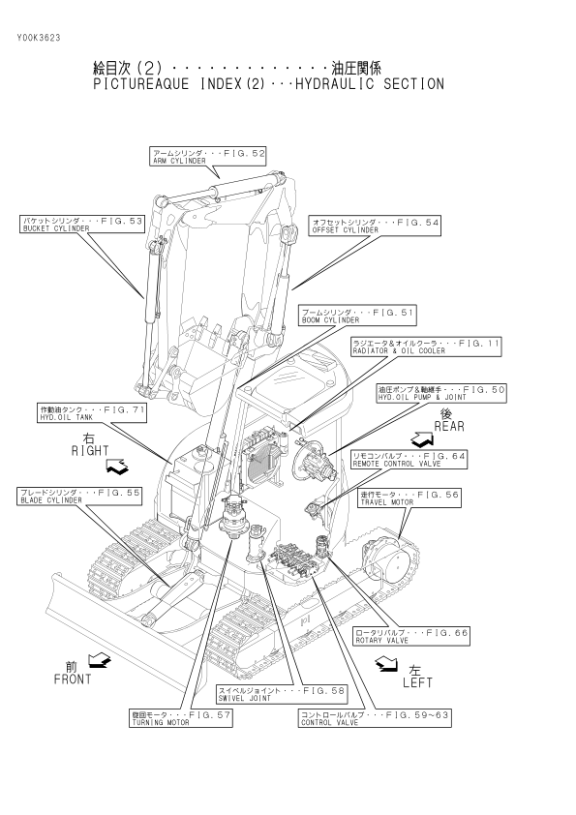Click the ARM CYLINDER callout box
click(x=208, y=157)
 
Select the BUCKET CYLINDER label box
click(x=81, y=224)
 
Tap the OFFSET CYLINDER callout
click(x=375, y=226)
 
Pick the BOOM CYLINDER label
click(x=358, y=316)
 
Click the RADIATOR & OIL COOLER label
click(x=426, y=347)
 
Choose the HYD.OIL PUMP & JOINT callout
click(x=441, y=393)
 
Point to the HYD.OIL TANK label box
click(x=92, y=413)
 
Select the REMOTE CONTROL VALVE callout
click(x=409, y=460)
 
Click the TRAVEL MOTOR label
click(x=409, y=498)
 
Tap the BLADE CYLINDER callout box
click(x=79, y=496)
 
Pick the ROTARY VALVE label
click(x=411, y=636)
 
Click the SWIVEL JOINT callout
click(x=282, y=694)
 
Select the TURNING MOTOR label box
click(x=181, y=718)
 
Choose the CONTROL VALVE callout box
click(x=375, y=718)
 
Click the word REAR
click(x=449, y=427)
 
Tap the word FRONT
click(x=73, y=679)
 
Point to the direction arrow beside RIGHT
click(x=117, y=467)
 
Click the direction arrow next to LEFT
click(x=385, y=664)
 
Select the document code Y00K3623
click(x=39, y=38)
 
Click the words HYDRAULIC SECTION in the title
click(x=370, y=84)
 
